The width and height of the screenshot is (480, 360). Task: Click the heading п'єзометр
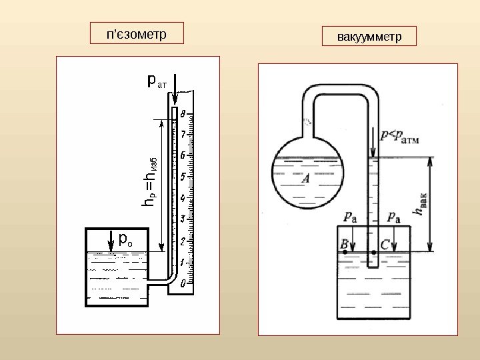tap(137, 33)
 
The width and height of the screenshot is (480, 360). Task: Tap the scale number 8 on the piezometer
tap(183, 114)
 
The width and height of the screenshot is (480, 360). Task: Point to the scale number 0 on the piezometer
tap(183, 283)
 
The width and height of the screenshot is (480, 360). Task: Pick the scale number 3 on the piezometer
tap(183, 219)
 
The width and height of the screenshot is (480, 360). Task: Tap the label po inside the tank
tap(125, 238)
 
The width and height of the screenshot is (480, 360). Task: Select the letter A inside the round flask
tap(306, 179)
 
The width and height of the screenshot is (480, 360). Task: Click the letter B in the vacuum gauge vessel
tap(345, 244)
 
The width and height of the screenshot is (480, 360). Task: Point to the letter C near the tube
tap(385, 244)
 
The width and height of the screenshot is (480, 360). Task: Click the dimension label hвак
tap(420, 203)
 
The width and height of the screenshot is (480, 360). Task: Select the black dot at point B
tap(345, 253)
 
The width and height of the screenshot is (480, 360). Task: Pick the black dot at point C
tap(374, 253)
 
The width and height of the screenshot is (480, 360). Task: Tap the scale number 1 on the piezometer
tap(183, 263)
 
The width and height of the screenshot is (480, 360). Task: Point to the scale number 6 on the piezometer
tap(183, 156)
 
